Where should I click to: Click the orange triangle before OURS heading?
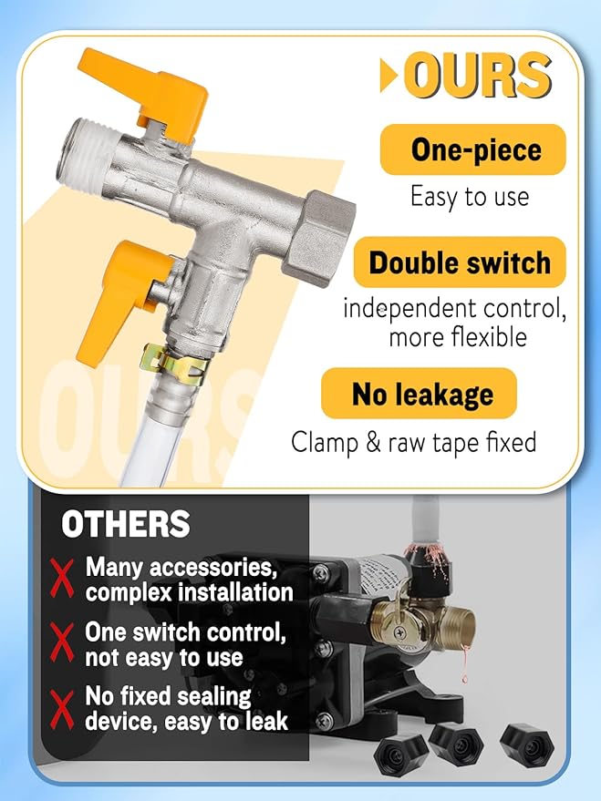(x=389, y=77)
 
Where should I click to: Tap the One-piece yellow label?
(x=473, y=149)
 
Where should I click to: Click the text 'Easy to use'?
(x=469, y=196)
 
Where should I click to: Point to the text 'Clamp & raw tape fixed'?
(x=413, y=443)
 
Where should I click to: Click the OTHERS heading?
(x=125, y=524)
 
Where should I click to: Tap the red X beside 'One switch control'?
(x=61, y=644)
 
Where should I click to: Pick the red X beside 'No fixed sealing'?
(x=61, y=709)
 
